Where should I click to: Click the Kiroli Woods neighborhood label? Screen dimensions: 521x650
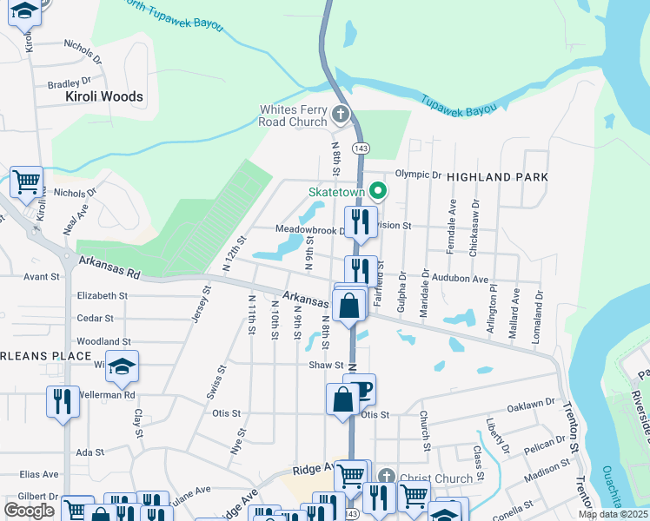104,96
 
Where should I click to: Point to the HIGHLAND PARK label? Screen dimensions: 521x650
497,177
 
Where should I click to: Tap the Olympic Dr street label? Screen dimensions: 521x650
419,175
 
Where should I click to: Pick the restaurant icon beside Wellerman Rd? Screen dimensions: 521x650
63,400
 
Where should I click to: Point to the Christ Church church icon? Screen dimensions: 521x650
386,477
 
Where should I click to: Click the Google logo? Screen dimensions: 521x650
30,510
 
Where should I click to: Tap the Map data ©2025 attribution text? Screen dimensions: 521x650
613,514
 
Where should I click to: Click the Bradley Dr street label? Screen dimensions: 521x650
63,84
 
